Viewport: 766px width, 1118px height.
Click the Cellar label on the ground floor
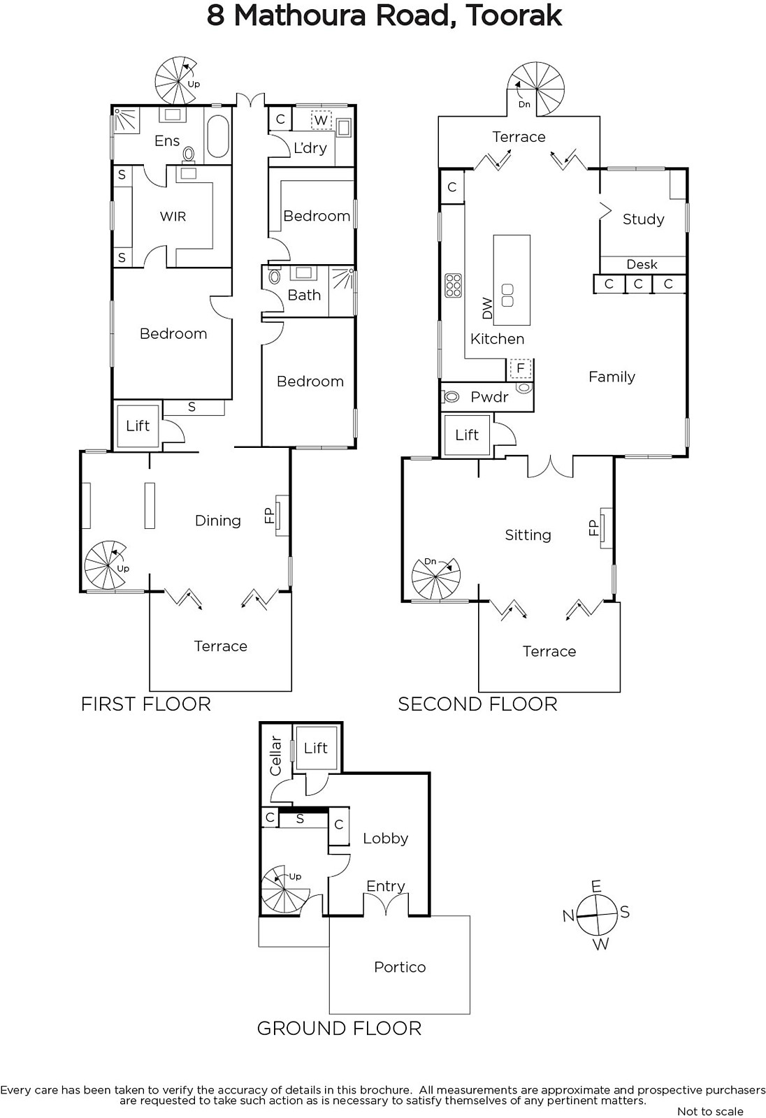275,756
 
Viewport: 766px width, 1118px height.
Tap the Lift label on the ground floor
316,748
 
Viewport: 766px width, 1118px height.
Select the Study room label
643,219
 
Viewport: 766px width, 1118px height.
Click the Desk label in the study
642,264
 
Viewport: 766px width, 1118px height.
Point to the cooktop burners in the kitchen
453,285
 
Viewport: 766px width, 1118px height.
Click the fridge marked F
520,368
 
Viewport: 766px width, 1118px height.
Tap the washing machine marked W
321,119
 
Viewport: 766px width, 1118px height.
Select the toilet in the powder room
451,397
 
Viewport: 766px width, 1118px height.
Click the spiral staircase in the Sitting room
435,577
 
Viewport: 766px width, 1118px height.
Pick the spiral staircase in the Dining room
106,565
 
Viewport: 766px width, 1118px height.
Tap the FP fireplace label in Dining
269,515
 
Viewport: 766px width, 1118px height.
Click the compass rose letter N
568,916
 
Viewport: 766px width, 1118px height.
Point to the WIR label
173,216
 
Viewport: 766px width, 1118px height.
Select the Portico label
400,967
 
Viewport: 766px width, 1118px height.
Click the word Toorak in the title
513,16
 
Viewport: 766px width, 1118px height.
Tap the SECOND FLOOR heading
477,704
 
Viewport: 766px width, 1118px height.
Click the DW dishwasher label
487,308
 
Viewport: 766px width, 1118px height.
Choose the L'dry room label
310,147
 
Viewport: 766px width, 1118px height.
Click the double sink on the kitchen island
507,295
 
